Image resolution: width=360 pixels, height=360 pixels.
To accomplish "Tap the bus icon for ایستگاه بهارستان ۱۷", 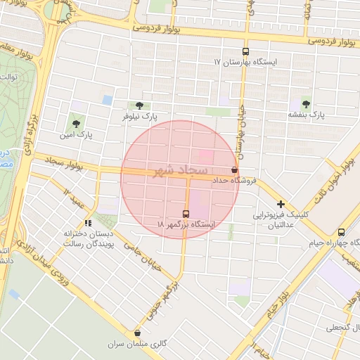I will tap(245, 52).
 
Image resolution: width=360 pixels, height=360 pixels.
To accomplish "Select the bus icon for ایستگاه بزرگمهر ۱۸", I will tap(186, 214).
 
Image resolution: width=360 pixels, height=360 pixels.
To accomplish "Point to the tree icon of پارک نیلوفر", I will tap(148, 105).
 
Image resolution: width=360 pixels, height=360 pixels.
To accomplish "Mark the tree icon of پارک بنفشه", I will tap(306, 103).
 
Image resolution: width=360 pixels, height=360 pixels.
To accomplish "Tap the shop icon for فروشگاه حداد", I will tap(234, 170).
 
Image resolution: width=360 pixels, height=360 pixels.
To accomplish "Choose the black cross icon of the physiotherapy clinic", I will tap(281, 204).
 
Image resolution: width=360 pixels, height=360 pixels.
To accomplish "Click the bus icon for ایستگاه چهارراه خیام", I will tap(341, 232).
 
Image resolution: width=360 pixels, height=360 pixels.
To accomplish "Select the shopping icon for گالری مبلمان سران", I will tap(137, 333).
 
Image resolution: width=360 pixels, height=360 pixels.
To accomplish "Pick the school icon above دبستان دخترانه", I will tap(88, 222).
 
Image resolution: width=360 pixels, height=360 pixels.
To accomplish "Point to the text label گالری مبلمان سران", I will tap(137, 345).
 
